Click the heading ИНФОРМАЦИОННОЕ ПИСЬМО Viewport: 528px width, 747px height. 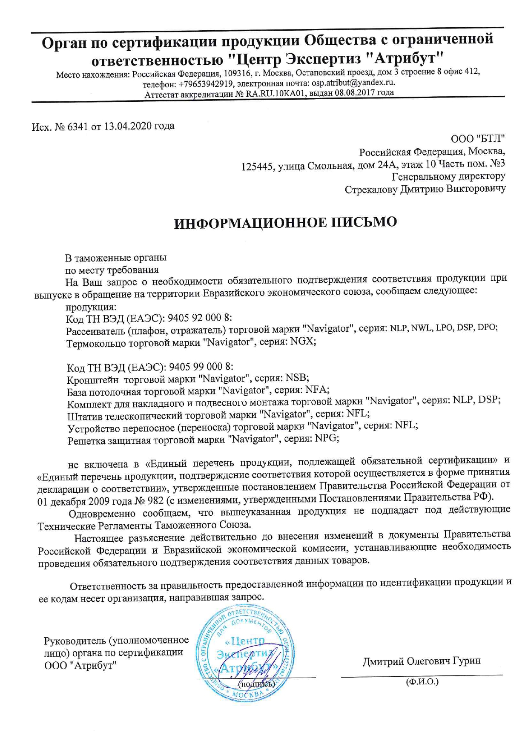point(285,223)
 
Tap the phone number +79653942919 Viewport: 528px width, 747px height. point(206,84)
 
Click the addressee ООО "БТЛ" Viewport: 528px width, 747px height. point(478,139)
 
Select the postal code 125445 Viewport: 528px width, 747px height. point(257,167)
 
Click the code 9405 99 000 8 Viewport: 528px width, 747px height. point(201,367)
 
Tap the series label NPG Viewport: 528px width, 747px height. point(327,438)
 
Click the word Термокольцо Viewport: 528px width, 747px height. point(95,343)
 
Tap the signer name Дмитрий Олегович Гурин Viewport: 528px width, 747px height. point(422,661)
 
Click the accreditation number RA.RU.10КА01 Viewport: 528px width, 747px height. point(276,93)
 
